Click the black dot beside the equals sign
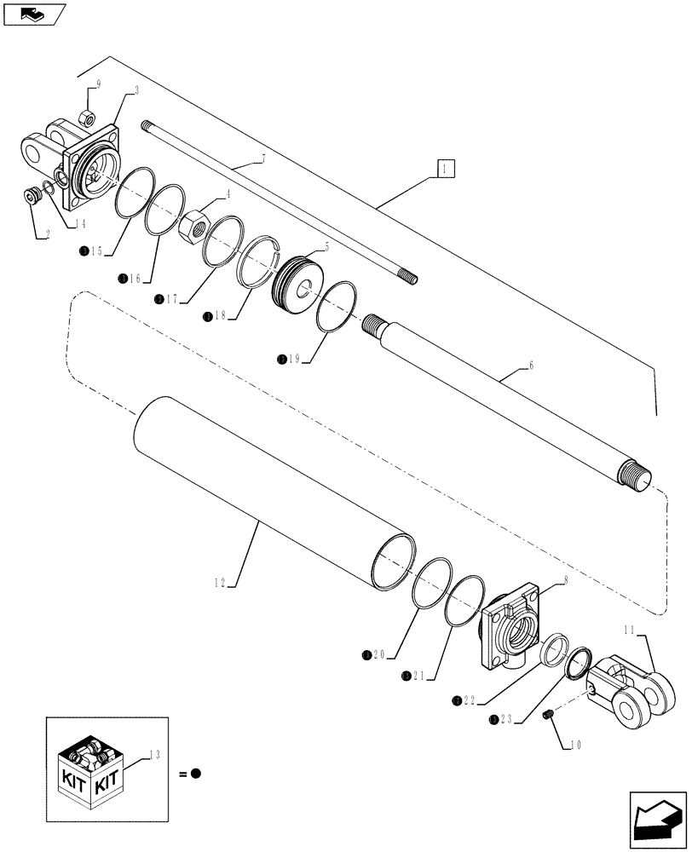[195, 774]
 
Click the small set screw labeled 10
[549, 712]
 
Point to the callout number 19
[293, 360]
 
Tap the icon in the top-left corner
[33, 14]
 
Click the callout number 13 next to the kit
[153, 752]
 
